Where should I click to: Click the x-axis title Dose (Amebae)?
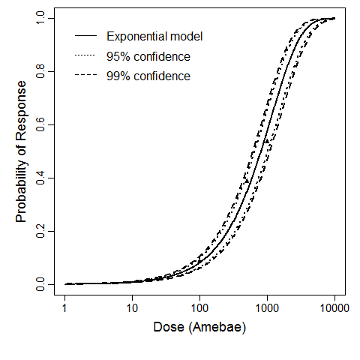point(199,328)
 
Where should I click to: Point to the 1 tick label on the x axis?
point(65,307)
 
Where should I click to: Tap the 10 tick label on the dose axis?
point(133,307)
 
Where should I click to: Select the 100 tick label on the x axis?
point(199,307)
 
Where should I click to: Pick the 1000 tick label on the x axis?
point(267,307)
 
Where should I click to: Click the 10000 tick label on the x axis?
point(334,307)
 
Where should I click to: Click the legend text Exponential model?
point(154,36)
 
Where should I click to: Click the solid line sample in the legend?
point(86,36)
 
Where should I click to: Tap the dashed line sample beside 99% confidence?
point(86,76)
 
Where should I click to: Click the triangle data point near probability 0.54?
point(266,140)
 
